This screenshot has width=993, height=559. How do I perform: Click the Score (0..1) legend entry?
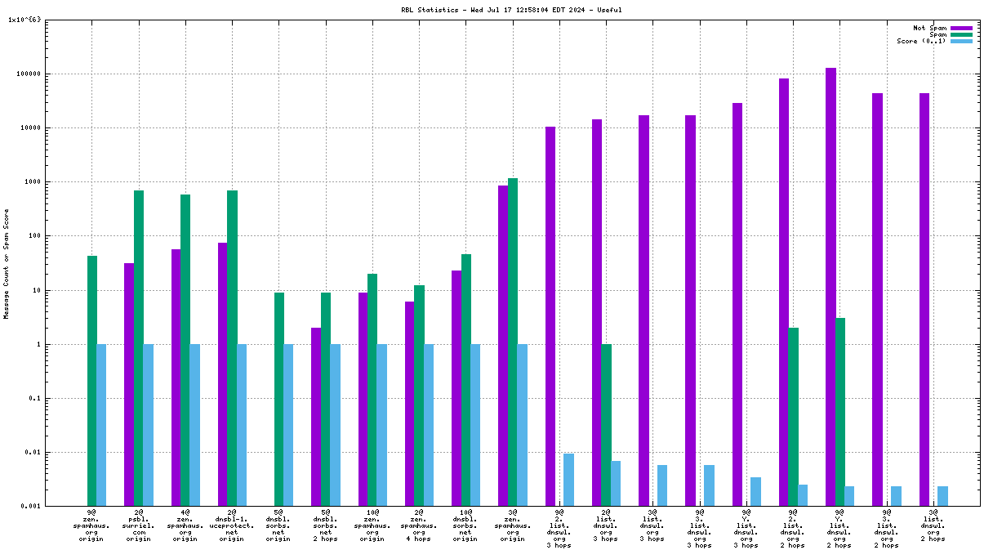click(921, 41)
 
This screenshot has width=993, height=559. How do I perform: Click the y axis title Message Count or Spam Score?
click(6, 263)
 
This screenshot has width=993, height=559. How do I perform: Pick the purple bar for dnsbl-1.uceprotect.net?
click(223, 374)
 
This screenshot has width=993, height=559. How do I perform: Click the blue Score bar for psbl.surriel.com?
click(149, 425)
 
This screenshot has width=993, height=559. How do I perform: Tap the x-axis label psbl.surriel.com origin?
click(138, 525)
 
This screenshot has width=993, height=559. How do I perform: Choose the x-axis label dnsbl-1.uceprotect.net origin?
click(232, 525)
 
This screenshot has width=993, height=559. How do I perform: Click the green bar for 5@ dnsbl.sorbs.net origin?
click(279, 399)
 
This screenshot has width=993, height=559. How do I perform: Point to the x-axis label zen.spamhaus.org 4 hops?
click(419, 525)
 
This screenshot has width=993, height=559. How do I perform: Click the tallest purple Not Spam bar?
click(830, 287)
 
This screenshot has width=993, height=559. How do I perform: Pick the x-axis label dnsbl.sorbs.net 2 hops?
click(325, 525)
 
